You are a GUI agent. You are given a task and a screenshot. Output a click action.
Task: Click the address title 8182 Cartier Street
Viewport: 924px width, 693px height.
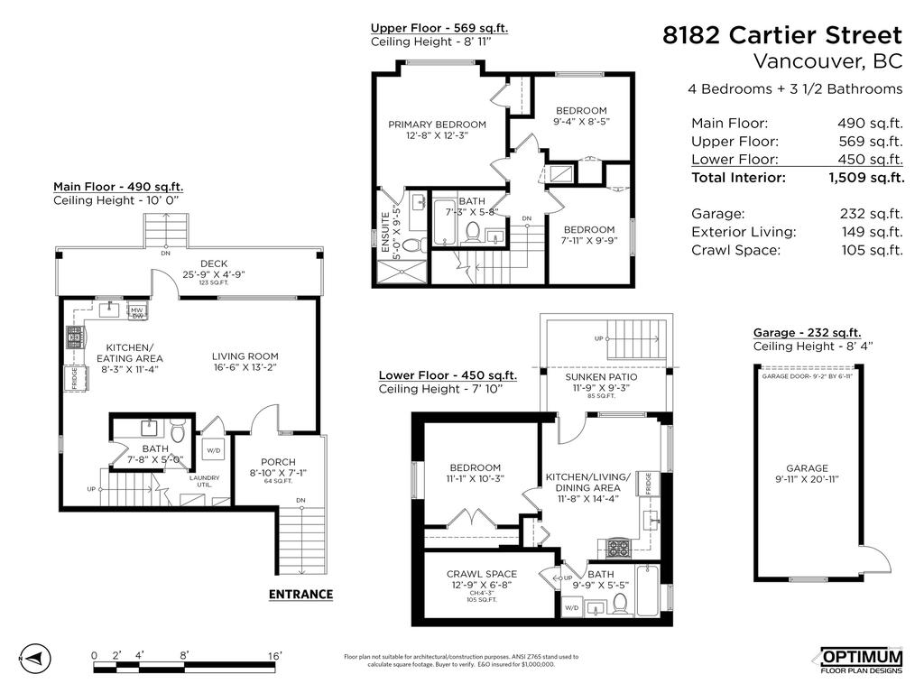coord(781,35)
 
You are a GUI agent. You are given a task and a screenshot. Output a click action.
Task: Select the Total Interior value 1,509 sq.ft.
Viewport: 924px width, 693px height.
coord(865,178)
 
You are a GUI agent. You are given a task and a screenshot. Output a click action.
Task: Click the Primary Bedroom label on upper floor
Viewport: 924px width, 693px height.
coord(437,125)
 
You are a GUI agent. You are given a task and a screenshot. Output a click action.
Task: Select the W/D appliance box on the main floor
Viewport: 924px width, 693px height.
coord(214,448)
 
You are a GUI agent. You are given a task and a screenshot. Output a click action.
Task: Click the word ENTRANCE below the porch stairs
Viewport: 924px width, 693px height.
coord(300,595)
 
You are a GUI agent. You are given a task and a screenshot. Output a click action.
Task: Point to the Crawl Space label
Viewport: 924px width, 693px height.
coord(481,575)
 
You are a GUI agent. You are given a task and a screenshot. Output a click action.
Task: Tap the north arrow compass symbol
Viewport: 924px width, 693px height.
coord(32,656)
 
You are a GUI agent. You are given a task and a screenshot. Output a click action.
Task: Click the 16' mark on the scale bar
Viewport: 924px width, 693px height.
coord(274,656)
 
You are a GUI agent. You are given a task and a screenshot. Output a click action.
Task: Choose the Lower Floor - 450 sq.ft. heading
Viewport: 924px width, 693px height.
coord(448,375)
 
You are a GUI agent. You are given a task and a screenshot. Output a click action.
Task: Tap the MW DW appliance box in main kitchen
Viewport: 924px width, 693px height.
coord(138,313)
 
